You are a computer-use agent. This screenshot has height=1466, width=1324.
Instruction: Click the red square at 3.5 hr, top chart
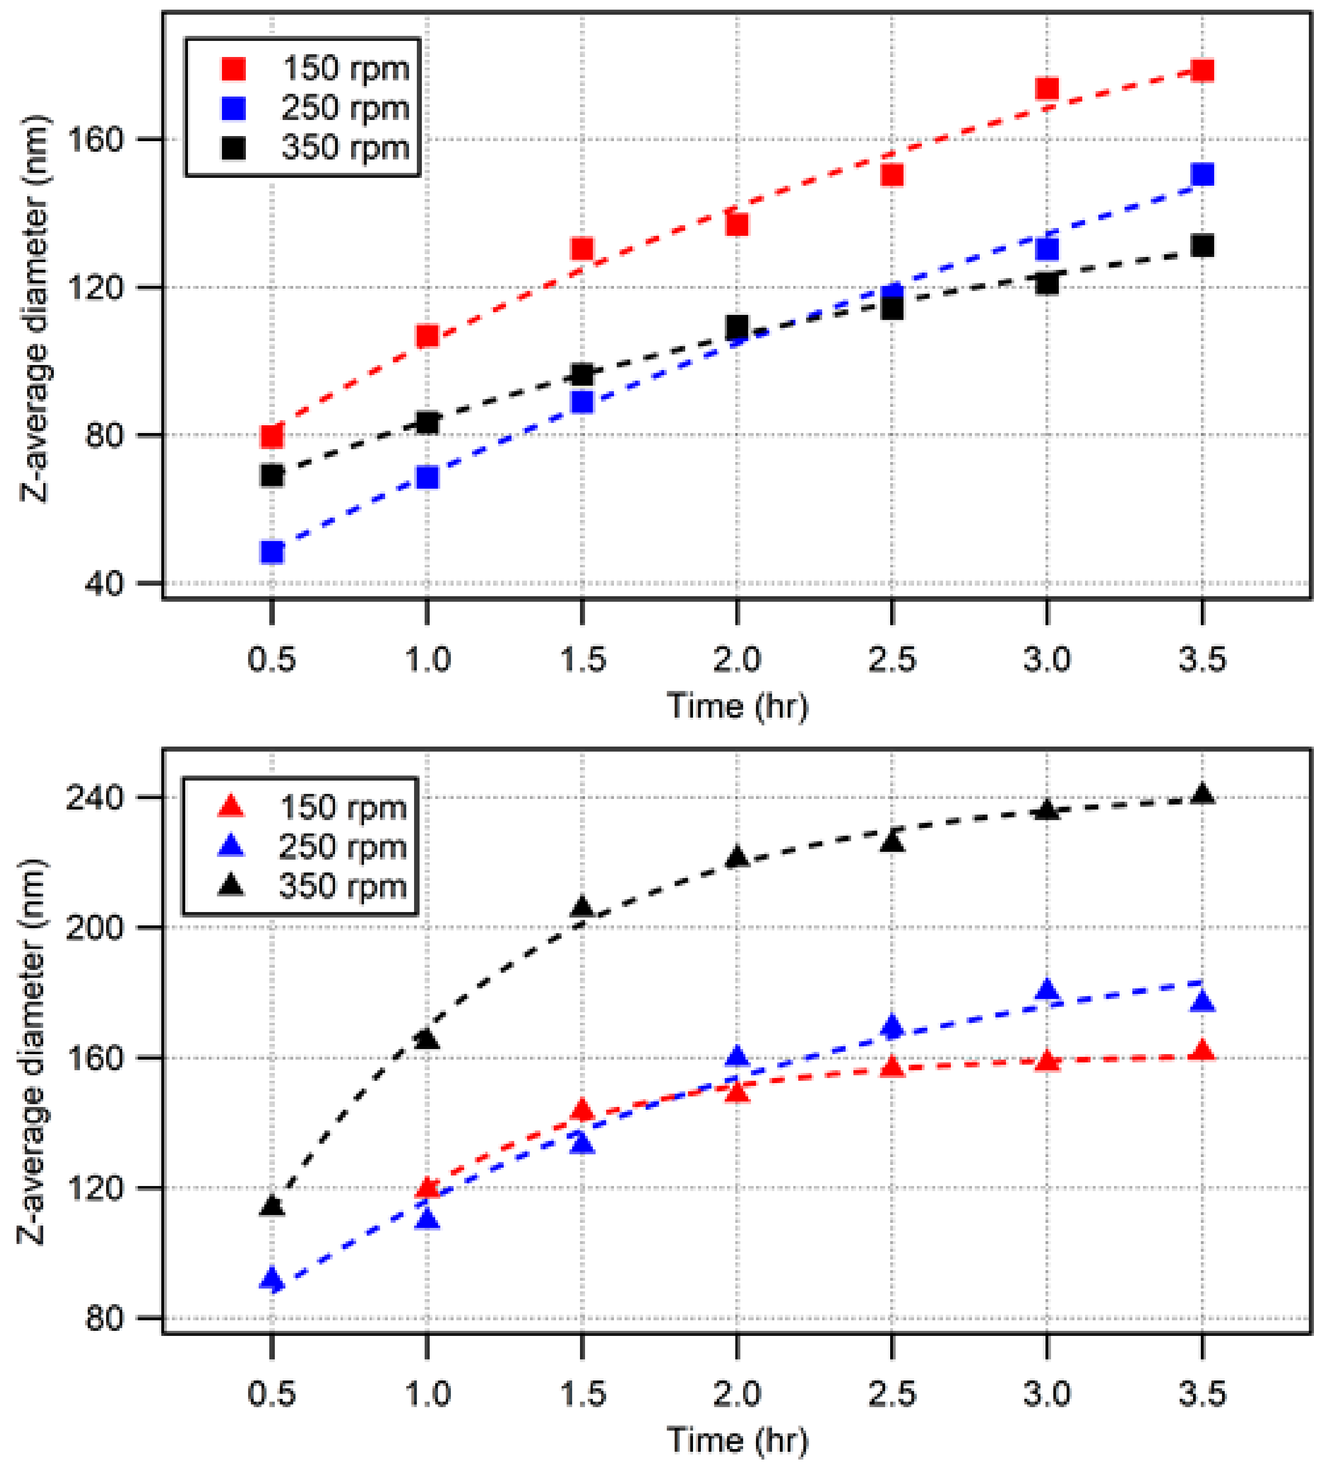tap(1202, 70)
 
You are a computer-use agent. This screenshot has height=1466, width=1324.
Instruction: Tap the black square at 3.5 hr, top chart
tap(1202, 246)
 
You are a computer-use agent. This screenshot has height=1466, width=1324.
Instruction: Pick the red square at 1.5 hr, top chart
tap(582, 249)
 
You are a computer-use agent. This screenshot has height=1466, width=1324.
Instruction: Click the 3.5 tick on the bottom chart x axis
tap(1202, 1394)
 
